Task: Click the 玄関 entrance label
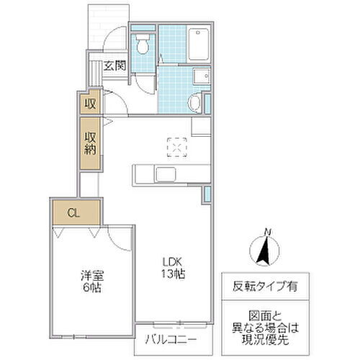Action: point(115,65)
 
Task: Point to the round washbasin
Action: point(194,104)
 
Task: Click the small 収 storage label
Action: point(90,104)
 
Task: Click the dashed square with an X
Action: point(175,145)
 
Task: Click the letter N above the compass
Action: point(267,230)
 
